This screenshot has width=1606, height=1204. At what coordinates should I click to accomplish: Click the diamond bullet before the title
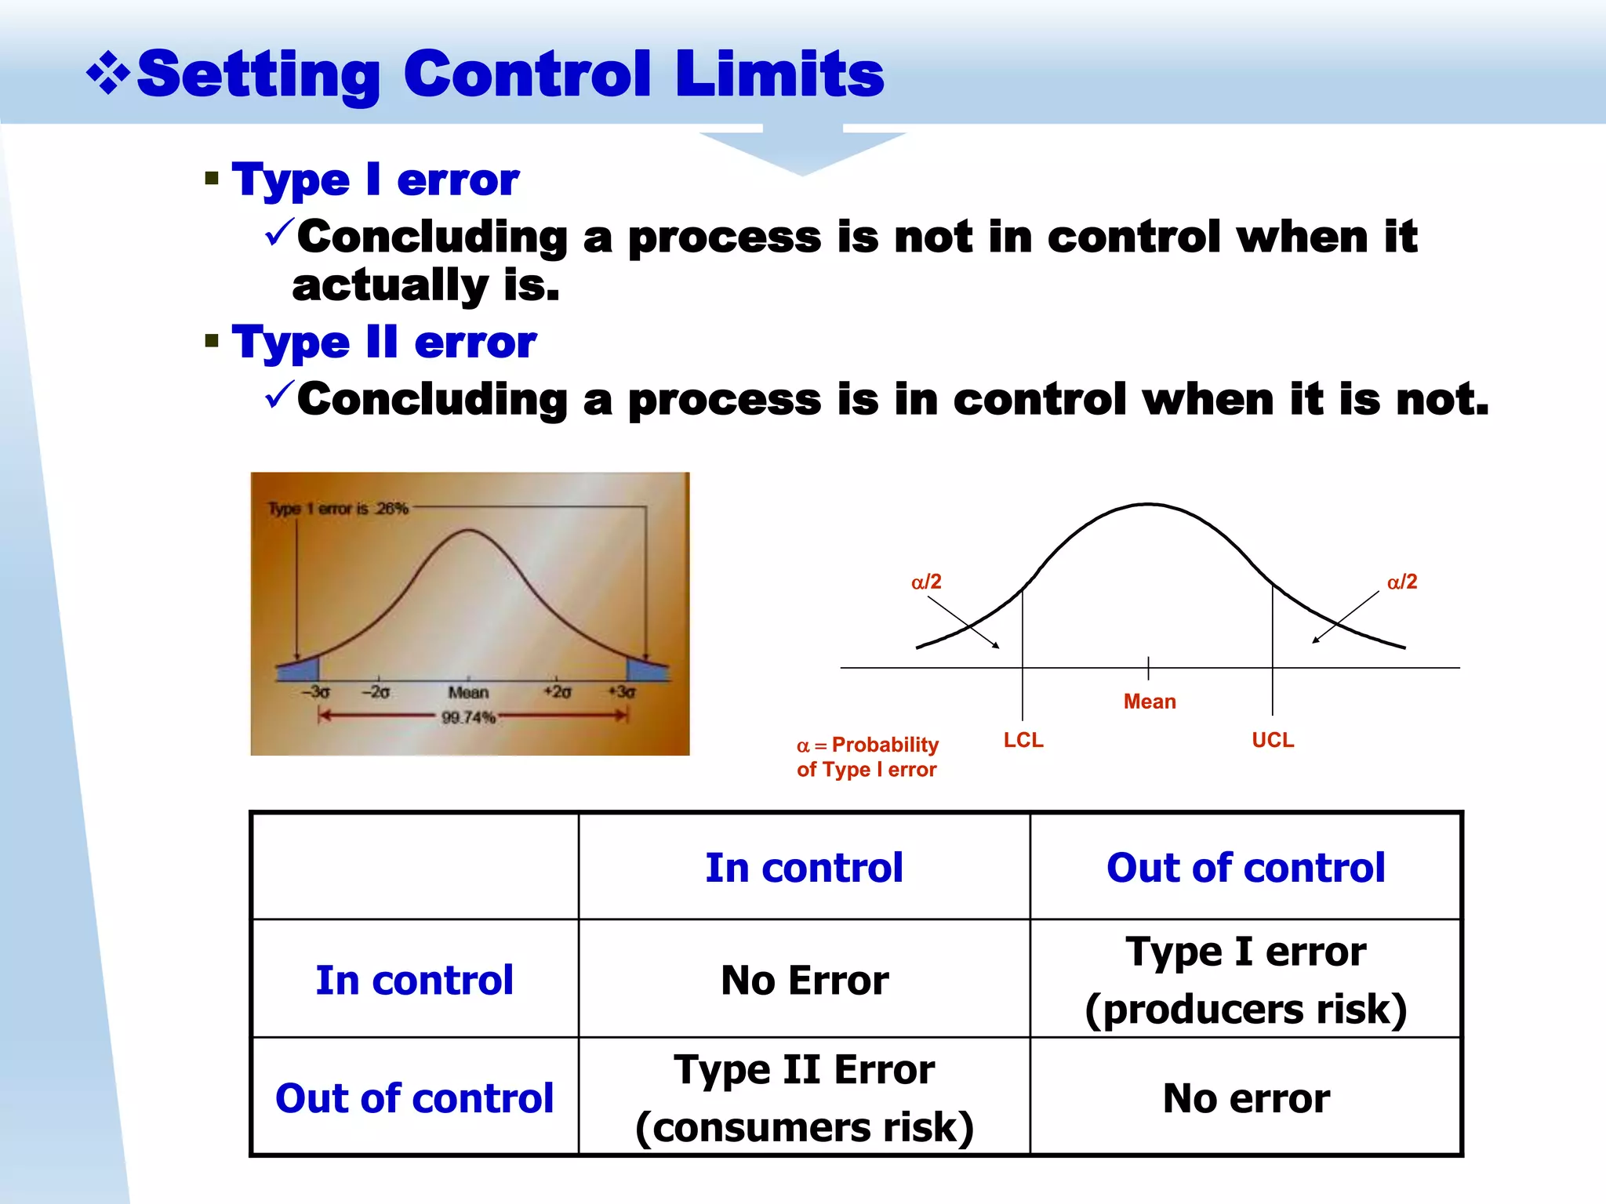(108, 75)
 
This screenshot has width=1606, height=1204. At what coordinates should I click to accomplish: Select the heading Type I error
(375, 180)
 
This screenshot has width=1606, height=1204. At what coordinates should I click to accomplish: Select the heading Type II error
(383, 343)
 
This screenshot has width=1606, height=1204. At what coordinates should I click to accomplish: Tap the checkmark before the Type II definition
(279, 394)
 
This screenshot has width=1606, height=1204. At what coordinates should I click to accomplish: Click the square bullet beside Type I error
(211, 179)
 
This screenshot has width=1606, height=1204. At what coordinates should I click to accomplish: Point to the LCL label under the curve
(1023, 740)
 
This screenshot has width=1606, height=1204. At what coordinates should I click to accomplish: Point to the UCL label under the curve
(1273, 740)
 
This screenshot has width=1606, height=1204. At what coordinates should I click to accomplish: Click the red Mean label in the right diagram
(1150, 702)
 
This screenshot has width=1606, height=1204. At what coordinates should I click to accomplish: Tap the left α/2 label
(926, 582)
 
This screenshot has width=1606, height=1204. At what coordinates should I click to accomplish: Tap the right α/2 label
(1402, 582)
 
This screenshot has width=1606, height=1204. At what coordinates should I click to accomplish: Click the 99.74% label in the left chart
(468, 717)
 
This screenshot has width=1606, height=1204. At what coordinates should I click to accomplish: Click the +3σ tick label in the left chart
(622, 692)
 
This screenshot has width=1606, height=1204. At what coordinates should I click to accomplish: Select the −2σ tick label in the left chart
(376, 692)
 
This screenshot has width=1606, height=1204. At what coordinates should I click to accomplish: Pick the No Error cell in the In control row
(805, 980)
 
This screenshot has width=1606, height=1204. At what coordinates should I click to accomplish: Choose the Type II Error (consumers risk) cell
(805, 1097)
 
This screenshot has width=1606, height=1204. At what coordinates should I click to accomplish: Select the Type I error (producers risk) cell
(1245, 980)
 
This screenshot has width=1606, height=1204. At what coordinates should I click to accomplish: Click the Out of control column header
(1245, 868)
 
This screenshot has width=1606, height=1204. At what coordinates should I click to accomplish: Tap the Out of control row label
(414, 1097)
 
